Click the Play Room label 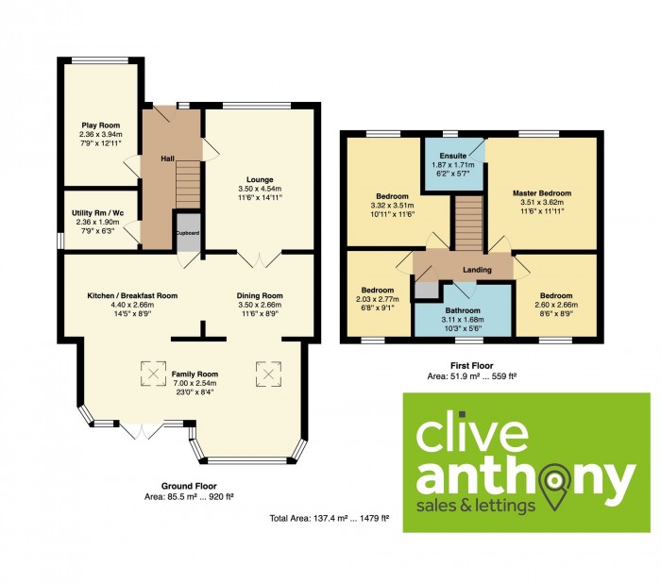[x=101, y=125]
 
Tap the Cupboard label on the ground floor [x=188, y=232]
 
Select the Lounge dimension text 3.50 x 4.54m [x=260, y=189]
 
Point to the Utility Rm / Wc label [x=98, y=213]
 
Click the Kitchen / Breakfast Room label [x=132, y=295]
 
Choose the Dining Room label [x=260, y=295]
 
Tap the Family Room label [x=195, y=375]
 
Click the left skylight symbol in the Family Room [x=153, y=374]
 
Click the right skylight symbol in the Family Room [x=268, y=374]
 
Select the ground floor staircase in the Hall [x=188, y=185]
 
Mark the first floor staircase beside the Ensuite [x=468, y=224]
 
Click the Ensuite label [x=453, y=156]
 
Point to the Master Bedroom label [x=542, y=193]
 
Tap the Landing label [x=477, y=270]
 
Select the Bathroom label [x=463, y=310]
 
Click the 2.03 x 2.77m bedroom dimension [x=378, y=299]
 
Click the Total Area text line [x=330, y=519]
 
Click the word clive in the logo [x=472, y=433]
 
